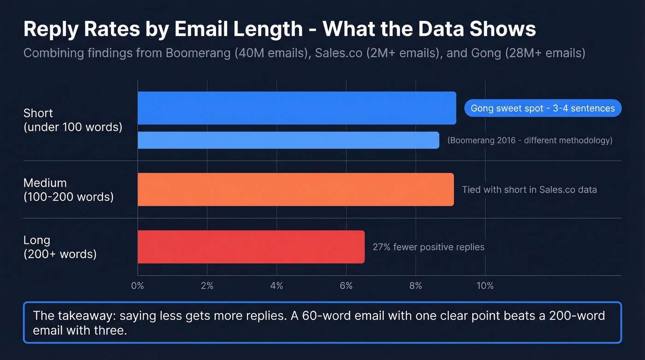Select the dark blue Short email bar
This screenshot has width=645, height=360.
[x=297, y=108]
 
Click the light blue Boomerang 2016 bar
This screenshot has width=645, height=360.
[x=288, y=140]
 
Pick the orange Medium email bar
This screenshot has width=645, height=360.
[x=295, y=189]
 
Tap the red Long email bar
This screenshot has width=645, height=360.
[x=251, y=247]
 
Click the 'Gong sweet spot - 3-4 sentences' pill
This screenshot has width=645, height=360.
[x=542, y=108]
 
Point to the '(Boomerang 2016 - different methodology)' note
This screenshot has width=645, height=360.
[x=530, y=140]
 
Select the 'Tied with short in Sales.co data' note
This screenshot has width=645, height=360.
[x=529, y=189]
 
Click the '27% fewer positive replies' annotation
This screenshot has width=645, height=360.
[x=428, y=247]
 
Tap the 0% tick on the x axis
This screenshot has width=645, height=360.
[x=137, y=286]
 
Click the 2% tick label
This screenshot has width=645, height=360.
[x=207, y=286]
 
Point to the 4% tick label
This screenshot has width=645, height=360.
[x=276, y=286]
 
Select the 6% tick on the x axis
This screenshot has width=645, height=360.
[x=346, y=286]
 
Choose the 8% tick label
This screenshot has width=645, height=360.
[x=416, y=286]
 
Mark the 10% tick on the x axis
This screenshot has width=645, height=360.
[x=485, y=286]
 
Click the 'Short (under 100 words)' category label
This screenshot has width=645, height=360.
[x=72, y=120]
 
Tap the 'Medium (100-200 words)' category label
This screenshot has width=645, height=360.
[x=68, y=190]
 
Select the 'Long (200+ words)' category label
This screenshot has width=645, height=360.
[x=60, y=247]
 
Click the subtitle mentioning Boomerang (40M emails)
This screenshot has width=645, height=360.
[x=304, y=53]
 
